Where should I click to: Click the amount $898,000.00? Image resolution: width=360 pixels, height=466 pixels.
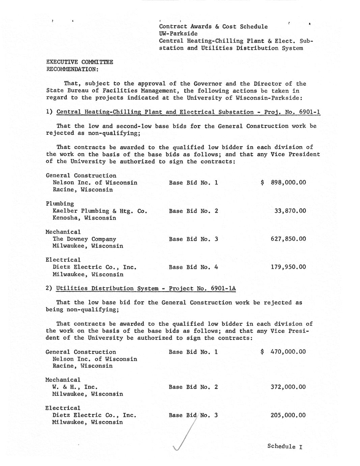(x=284, y=183)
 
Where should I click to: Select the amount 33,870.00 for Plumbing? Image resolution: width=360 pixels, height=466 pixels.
(x=290, y=211)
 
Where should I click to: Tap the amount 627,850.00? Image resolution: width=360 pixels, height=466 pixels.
(x=288, y=239)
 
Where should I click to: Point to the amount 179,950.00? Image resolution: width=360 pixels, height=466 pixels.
(x=288, y=267)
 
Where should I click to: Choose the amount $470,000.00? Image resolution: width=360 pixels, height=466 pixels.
(x=284, y=352)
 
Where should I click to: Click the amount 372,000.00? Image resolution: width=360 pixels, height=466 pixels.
(x=288, y=387)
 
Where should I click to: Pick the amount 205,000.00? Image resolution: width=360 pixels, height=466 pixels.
(x=288, y=415)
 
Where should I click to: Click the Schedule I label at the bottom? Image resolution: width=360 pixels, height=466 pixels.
(x=285, y=446)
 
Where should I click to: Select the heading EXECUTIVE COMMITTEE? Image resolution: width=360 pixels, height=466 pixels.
(x=79, y=62)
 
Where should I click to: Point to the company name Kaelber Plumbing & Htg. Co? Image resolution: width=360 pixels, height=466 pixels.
(x=100, y=211)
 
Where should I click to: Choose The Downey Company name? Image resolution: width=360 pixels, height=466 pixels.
(x=84, y=239)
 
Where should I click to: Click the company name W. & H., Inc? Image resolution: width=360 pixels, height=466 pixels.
(x=75, y=387)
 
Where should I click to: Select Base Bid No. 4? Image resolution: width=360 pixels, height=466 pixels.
(x=193, y=267)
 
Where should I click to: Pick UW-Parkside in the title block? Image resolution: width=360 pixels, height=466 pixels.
(x=178, y=33)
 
